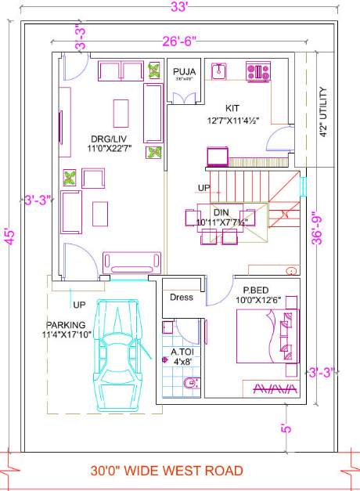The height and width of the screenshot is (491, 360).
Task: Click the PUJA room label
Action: pos(185,72)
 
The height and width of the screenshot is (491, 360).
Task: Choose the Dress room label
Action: pos(182,298)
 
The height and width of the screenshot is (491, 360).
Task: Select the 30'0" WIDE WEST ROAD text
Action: pos(167,471)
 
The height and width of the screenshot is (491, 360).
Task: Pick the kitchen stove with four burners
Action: pos(258,72)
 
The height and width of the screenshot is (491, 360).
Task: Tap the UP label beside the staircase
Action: pos(203,189)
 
